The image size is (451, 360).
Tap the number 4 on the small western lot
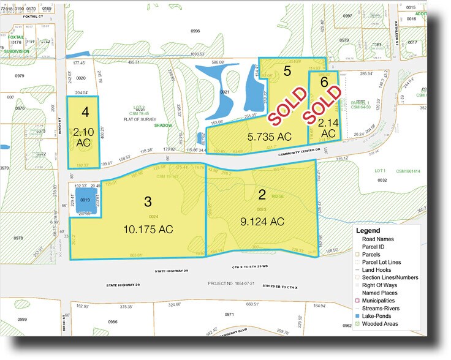tap(85, 112)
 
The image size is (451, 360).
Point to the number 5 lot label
tap(287, 70)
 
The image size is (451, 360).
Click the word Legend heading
tap(373, 230)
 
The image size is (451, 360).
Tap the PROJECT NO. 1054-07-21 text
tap(232, 284)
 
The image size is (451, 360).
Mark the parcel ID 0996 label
tap(195, 30)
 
